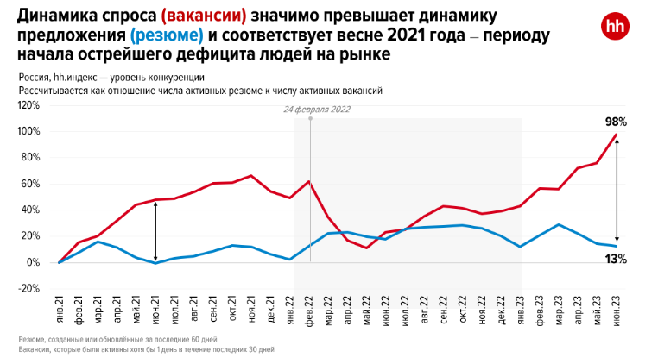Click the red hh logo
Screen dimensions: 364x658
coord(614,27)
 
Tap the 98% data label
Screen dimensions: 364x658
coord(616,122)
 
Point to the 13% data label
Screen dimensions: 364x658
coord(616,259)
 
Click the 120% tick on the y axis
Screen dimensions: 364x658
coord(28,105)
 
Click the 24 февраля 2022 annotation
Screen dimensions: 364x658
coord(317,110)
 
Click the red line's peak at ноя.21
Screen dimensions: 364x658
coord(251,176)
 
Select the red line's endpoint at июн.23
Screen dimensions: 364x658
coord(616,135)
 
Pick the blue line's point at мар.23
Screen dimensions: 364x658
coord(559,225)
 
